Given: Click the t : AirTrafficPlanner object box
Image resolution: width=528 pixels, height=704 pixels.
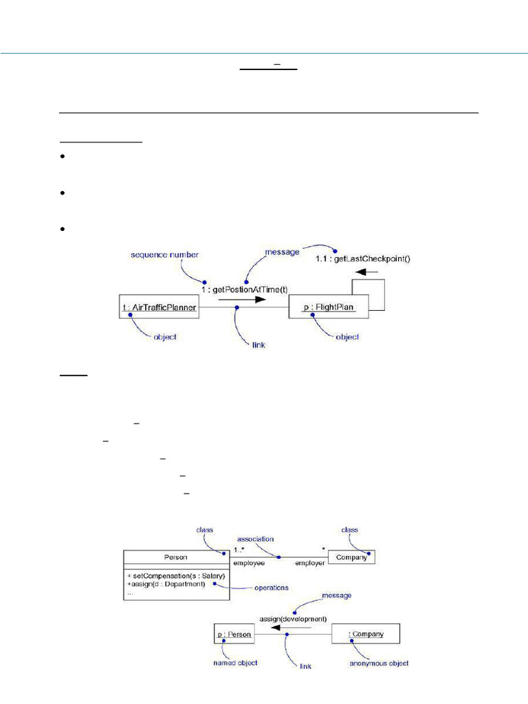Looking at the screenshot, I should point(159,308).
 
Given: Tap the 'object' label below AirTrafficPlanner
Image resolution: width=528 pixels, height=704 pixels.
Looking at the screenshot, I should point(164,337).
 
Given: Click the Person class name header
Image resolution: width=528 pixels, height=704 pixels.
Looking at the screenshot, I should point(175,558).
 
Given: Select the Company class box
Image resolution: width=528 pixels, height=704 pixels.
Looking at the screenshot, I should point(352,558).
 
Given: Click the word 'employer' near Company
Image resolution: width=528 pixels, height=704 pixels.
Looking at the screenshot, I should point(309,563).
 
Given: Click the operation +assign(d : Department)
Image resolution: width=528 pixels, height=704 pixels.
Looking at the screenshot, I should point(165,584).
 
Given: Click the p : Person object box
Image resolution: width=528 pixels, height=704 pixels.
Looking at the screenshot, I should point(234,633).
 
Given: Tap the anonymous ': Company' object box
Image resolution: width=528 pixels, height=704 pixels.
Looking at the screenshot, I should point(366,633).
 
